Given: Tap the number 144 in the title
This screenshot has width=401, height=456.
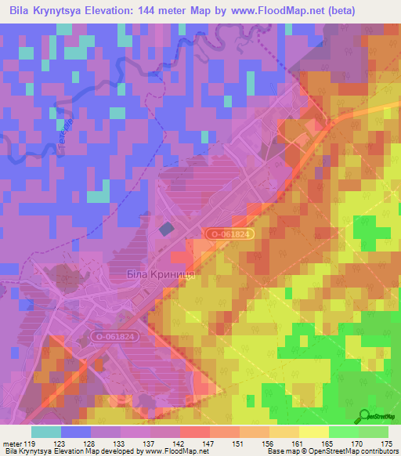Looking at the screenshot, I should (159, 11).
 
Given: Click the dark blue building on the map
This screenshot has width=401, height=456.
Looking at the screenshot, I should (167, 228).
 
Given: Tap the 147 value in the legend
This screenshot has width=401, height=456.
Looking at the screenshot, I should (208, 443).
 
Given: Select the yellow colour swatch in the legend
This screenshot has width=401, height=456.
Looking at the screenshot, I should (314, 432).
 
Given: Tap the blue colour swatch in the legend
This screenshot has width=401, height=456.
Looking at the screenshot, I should (76, 432).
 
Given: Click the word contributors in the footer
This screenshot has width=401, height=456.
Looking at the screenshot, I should (378, 452).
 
